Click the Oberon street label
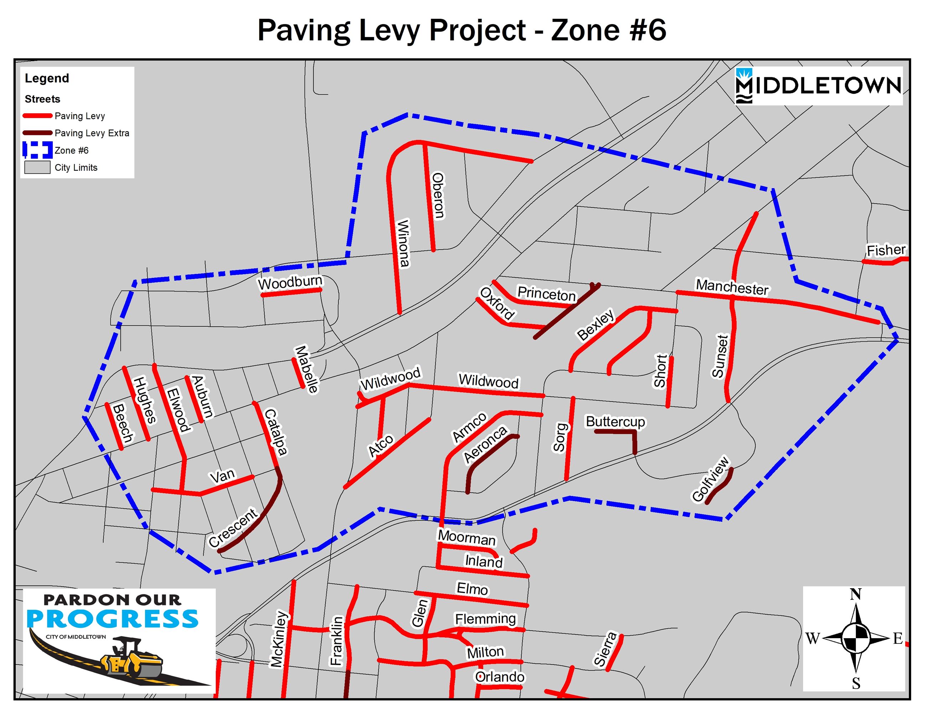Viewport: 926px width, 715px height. click(438, 195)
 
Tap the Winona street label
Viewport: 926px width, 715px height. click(403, 243)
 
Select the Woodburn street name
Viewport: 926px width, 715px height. click(290, 282)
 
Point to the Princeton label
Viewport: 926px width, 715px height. click(547, 293)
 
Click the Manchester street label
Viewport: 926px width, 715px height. click(732, 287)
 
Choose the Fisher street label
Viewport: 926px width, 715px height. click(886, 250)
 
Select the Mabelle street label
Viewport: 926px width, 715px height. click(307, 369)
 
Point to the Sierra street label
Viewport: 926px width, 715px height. click(605, 648)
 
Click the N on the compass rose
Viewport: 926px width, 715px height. click(855, 595)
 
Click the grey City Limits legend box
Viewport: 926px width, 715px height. click(37, 168)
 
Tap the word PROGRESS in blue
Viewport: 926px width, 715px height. click(112, 619)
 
